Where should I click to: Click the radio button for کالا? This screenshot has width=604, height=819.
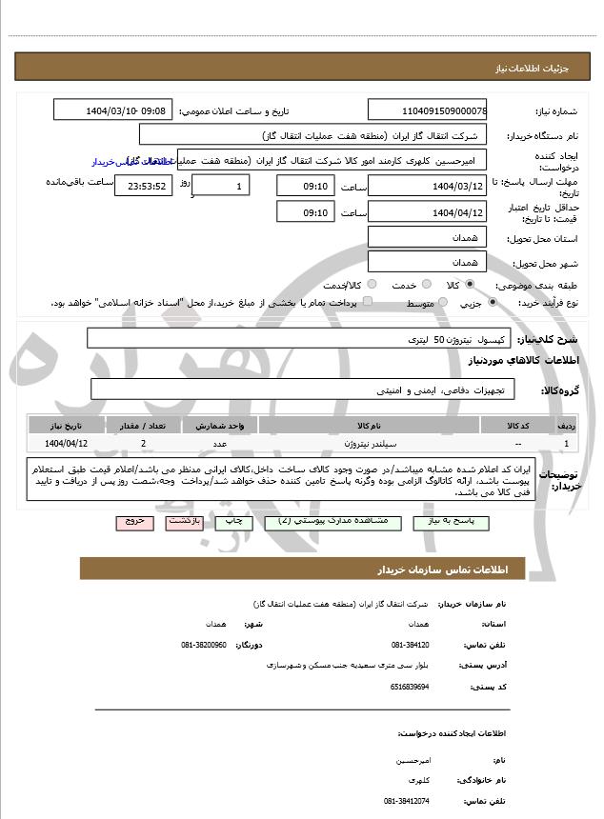[x=469, y=284]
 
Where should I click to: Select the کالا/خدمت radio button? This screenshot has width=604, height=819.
[x=371, y=284]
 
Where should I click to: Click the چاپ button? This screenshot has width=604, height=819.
[x=233, y=522]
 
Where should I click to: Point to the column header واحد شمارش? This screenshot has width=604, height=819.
[x=220, y=424]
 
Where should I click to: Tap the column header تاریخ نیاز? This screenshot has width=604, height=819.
[x=67, y=424]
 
